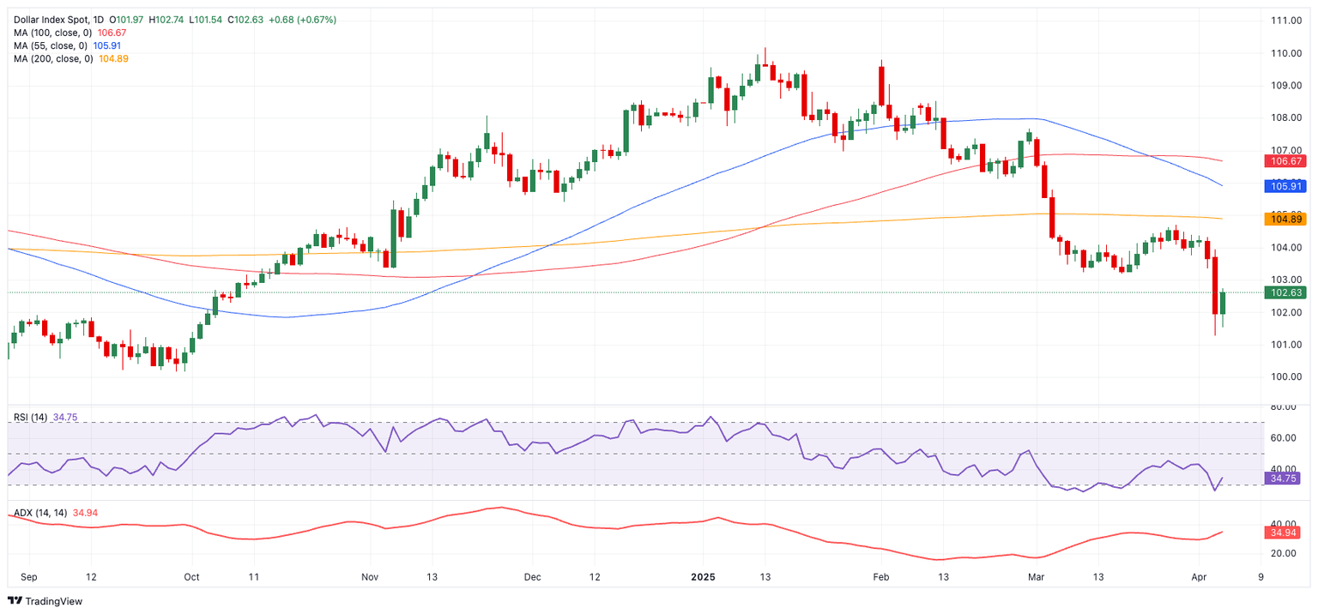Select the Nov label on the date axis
click(x=370, y=577)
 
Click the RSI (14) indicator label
click(x=31, y=418)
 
